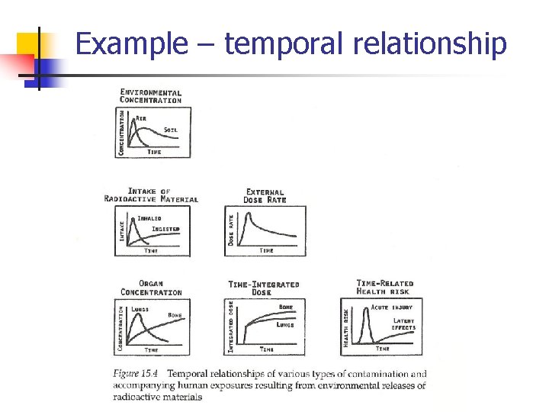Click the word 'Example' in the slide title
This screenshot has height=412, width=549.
click(x=130, y=43)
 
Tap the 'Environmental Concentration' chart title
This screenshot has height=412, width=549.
click(x=151, y=96)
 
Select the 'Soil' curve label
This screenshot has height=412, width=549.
click(x=171, y=130)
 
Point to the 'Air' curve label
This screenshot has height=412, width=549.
click(x=142, y=118)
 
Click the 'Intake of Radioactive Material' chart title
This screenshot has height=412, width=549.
click(x=151, y=195)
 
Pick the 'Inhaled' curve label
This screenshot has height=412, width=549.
click(x=149, y=218)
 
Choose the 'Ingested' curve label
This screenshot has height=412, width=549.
click(x=165, y=229)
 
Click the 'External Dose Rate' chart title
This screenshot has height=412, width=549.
click(x=265, y=196)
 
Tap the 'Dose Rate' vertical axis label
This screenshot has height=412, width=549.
click(x=231, y=228)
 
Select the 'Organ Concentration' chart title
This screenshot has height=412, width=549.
click(x=151, y=288)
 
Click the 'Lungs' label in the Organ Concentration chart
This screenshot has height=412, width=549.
click(x=140, y=309)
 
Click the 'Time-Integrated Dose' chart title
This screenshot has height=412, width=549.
click(x=264, y=288)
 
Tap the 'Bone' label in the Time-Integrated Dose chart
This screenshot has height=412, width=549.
click(x=286, y=307)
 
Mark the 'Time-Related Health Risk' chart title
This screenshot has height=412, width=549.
click(x=385, y=288)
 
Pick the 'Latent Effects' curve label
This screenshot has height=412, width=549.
click(x=404, y=324)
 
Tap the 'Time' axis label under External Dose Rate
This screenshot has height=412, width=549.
click(x=266, y=250)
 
